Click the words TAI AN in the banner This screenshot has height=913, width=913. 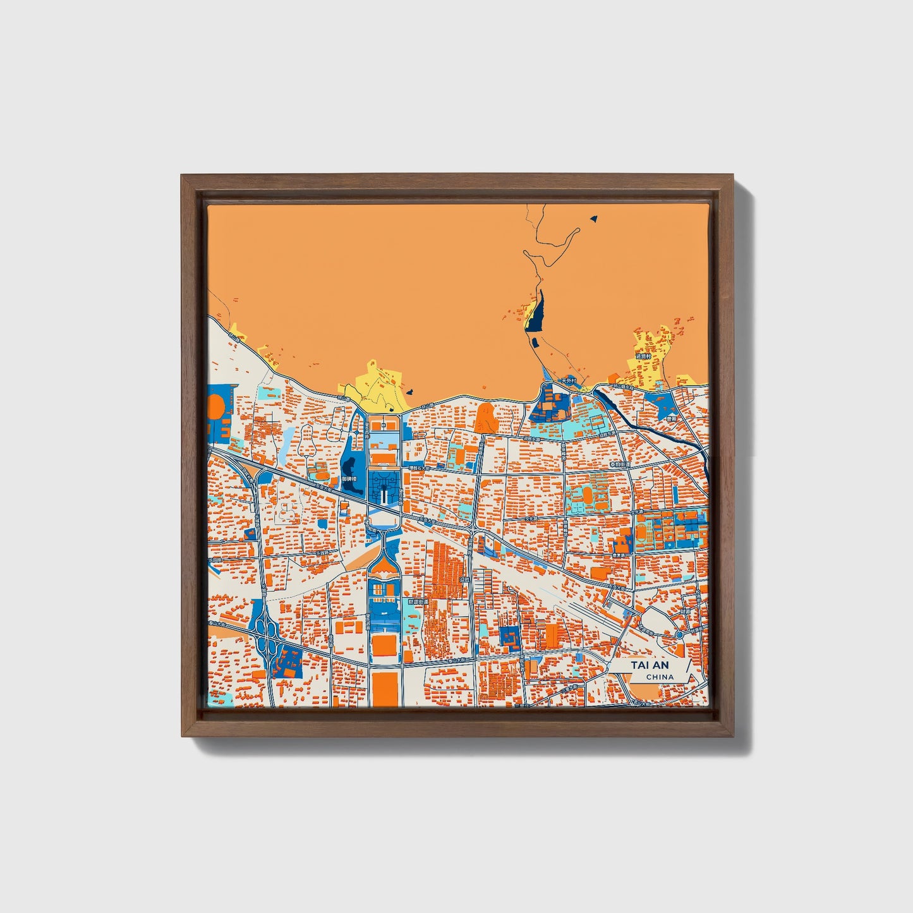tap(649, 665)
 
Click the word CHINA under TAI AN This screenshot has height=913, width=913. tap(660, 677)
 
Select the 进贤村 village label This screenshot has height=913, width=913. tap(643, 356)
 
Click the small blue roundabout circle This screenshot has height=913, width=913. tap(679, 634)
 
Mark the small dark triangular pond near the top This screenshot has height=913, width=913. tap(593, 219)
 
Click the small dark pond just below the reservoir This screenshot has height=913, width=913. tap(534, 343)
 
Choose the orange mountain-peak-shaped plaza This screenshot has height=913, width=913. tap(485, 417)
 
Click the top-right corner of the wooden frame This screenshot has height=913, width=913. tap(734, 176)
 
